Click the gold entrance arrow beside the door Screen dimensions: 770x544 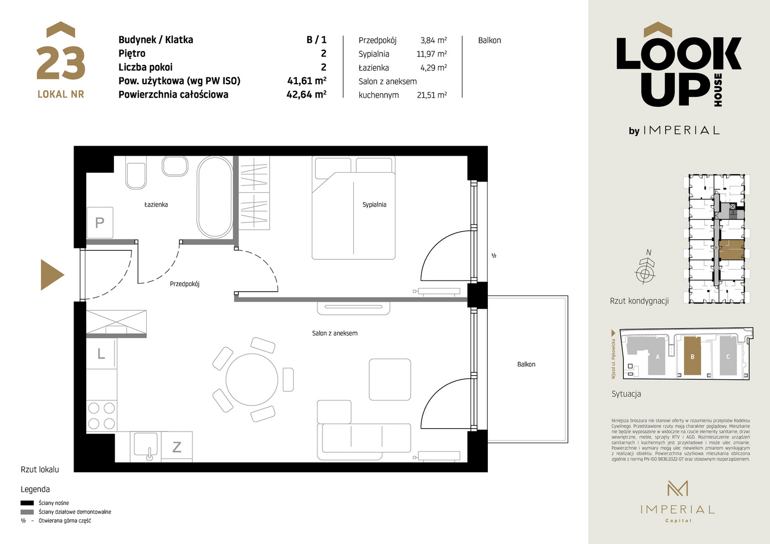coord(51,275)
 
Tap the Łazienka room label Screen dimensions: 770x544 coord(156,205)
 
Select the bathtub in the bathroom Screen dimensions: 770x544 coord(215,197)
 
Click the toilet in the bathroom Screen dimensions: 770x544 coord(136,173)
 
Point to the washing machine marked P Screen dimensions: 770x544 coord(100,223)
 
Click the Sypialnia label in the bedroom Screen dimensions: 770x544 coord(374,205)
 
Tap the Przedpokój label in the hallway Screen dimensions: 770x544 coord(184,284)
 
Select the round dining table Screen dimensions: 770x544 coord(251,380)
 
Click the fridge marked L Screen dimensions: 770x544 coord(101,354)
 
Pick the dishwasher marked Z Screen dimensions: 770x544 coord(177,447)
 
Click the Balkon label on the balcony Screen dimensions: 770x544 coord(526,364)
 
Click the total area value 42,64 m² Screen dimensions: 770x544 coord(306,94)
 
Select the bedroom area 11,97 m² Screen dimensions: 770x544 coord(431,54)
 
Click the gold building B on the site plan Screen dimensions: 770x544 coord(692,356)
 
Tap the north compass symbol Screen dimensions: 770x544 coord(645,268)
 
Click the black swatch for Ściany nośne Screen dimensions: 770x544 coord(27,503)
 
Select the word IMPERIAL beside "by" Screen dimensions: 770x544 coord(681,130)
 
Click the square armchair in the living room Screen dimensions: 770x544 coord(390,380)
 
